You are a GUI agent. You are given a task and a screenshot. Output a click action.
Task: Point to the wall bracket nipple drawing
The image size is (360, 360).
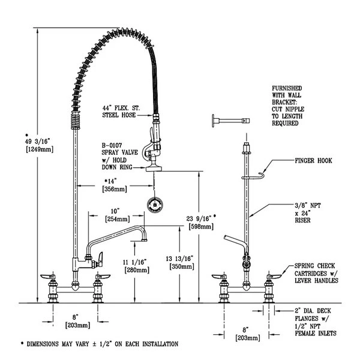click(x=229, y=121)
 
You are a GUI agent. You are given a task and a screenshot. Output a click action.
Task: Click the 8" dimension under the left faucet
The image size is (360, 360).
click(x=73, y=316)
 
